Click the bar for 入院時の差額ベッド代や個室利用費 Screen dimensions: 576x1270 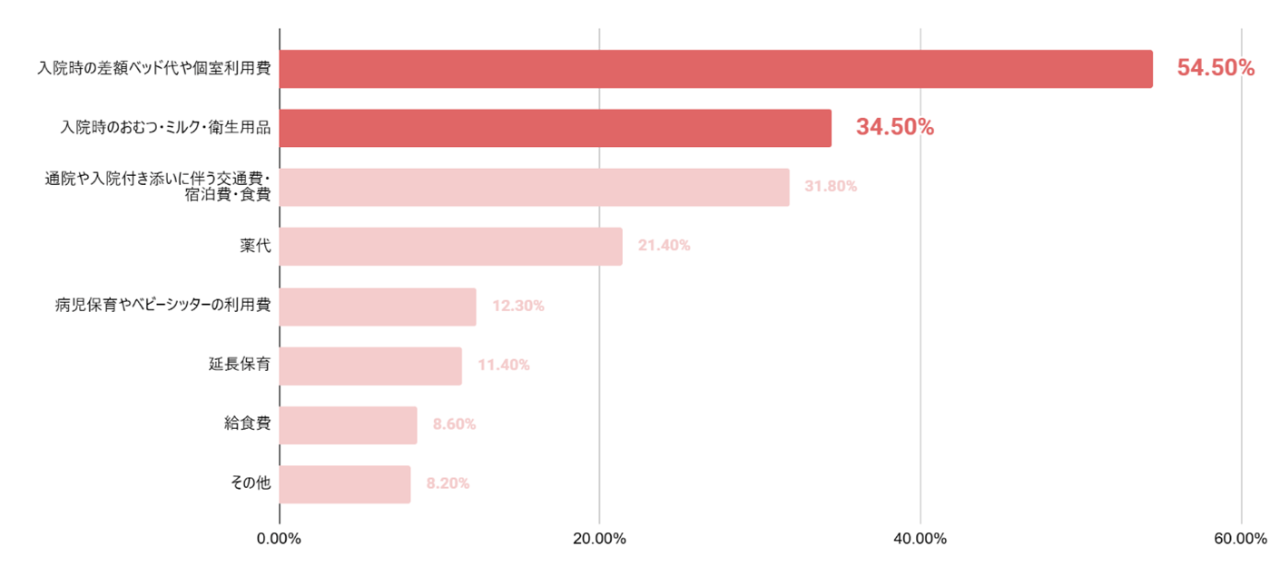715,69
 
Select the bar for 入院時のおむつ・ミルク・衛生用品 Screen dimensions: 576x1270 555,128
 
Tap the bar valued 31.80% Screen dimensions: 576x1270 534,187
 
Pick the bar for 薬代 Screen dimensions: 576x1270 450,246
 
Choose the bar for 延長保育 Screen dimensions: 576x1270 370,366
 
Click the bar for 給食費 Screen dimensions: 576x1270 348,425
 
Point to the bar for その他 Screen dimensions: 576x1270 345,484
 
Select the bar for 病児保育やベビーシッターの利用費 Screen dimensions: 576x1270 378,307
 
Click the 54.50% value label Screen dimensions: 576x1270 1216,68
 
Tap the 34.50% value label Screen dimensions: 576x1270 894,128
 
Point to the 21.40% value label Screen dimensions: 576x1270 664,246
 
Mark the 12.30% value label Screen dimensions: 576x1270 517,307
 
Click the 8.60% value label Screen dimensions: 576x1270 454,425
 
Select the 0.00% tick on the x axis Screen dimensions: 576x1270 280,539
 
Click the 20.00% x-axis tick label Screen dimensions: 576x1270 599,539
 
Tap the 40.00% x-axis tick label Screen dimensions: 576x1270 920,539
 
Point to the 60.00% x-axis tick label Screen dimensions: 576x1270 1238,539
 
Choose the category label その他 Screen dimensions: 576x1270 251,483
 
